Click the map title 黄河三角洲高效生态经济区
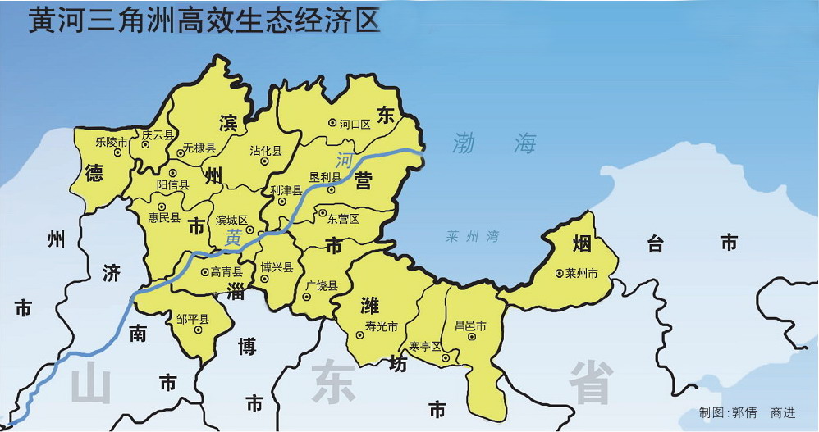pyautogui.click(x=204, y=22)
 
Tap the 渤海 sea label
pyautogui.click(x=494, y=144)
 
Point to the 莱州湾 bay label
pyautogui.click(x=473, y=236)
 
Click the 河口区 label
pyautogui.click(x=355, y=124)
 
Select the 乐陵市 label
pyautogui.click(x=112, y=141)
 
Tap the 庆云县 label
pyautogui.click(x=158, y=134)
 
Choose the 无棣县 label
pyautogui.click(x=199, y=148)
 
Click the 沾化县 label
pyautogui.click(x=266, y=151)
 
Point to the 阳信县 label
pyautogui.click(x=173, y=185)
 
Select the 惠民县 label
pyautogui.click(x=164, y=218)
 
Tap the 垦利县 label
pyautogui.click(x=325, y=178)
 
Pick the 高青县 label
pyautogui.click(x=226, y=271)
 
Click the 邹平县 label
pyautogui.click(x=194, y=320)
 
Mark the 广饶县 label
pyautogui.click(x=322, y=285)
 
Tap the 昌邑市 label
pyautogui.click(x=470, y=326)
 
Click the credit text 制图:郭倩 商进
pyautogui.click(x=747, y=412)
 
